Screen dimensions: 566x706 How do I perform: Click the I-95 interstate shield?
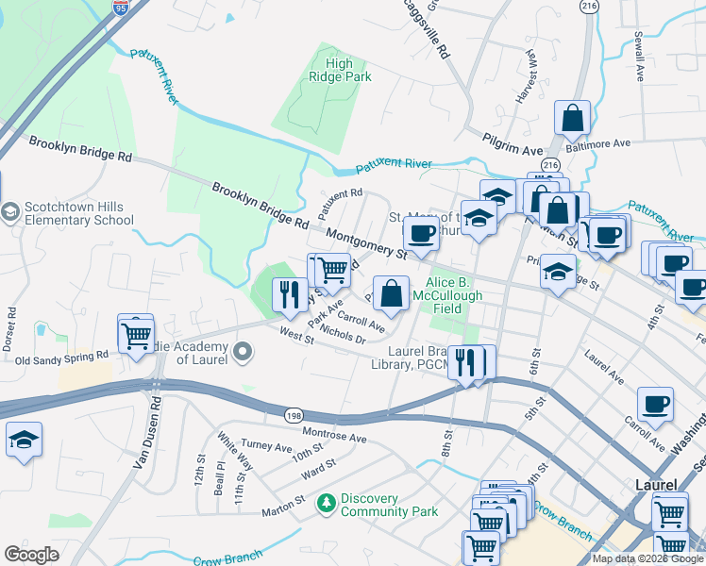point(120,9)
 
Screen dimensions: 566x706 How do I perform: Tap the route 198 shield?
point(294,413)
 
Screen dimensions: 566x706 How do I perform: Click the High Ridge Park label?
point(339,72)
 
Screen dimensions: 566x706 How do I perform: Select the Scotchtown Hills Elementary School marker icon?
point(10,210)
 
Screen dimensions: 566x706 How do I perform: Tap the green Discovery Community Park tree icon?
point(327,501)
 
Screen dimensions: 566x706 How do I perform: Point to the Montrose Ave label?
point(333,438)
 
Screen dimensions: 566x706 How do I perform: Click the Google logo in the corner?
point(31,555)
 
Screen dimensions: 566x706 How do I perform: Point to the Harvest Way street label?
point(530,69)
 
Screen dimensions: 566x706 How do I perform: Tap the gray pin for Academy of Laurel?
point(244,353)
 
